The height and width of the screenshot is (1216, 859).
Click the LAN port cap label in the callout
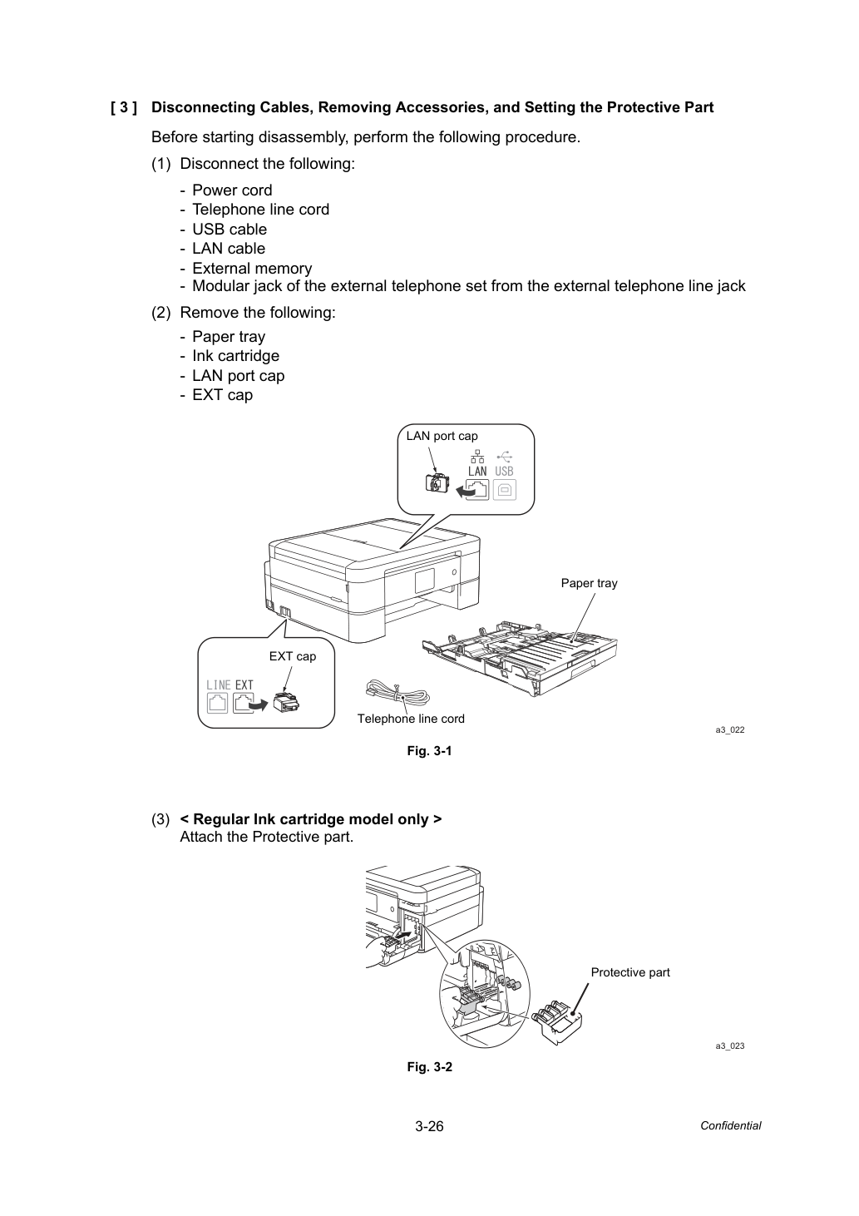pyautogui.click(x=442, y=436)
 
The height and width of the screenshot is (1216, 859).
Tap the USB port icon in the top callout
pyautogui.click(x=505, y=490)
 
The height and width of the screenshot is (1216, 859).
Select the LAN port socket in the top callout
pyautogui.click(x=477, y=490)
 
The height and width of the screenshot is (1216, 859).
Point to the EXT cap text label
pyautogui.click(x=293, y=656)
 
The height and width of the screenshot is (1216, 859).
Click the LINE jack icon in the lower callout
pyautogui.click(x=218, y=703)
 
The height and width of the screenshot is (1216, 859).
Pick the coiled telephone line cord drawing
pyautogui.click(x=397, y=692)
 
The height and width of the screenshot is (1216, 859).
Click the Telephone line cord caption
pyautogui.click(x=411, y=719)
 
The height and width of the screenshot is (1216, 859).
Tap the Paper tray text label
pyautogui.click(x=589, y=583)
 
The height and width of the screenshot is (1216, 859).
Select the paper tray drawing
pyautogui.click(x=520, y=658)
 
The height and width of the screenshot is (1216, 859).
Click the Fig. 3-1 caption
pyautogui.click(x=429, y=751)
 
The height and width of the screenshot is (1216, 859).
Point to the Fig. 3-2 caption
pyautogui.click(x=429, y=1067)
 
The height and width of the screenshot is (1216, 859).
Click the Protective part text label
pyautogui.click(x=630, y=972)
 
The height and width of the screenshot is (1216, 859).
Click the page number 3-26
pyautogui.click(x=429, y=1126)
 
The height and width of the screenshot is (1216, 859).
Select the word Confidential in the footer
pyautogui.click(x=730, y=1126)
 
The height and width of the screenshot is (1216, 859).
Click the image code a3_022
pyautogui.click(x=730, y=730)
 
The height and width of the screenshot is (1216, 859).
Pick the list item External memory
pyautogui.click(x=252, y=268)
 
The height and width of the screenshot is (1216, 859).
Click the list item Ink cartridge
pyautogui.click(x=235, y=356)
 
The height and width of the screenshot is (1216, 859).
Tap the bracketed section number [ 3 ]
pyautogui.click(x=124, y=107)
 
